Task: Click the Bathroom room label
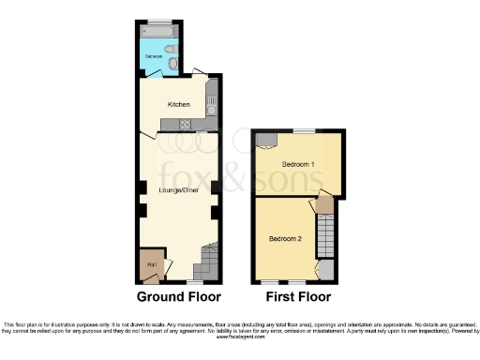tap(153, 57)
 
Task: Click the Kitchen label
tap(178, 104)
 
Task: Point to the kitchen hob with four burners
tap(186, 126)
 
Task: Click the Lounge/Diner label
tap(177, 190)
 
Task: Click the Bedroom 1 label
tap(298, 165)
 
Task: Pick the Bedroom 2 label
tap(285, 238)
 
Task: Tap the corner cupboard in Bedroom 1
tap(264, 141)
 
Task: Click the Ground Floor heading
tap(179, 297)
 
